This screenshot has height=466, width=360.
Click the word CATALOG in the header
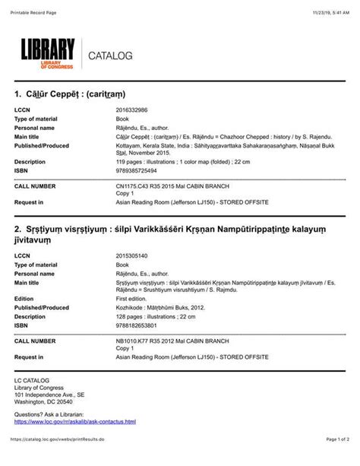click(111, 56)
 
